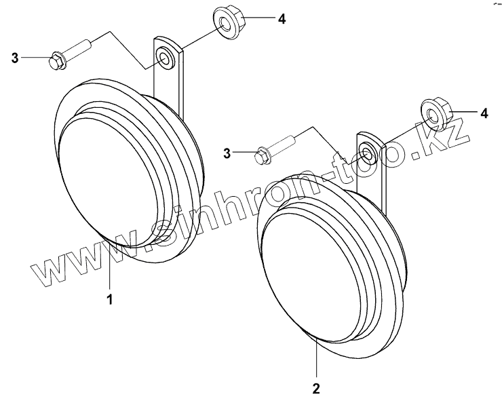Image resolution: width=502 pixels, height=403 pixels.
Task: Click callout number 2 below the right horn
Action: pyautogui.click(x=315, y=389)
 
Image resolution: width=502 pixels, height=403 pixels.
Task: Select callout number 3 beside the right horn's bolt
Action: pyautogui.click(x=228, y=153)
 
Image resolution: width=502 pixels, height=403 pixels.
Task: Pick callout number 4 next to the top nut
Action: pyautogui.click(x=281, y=20)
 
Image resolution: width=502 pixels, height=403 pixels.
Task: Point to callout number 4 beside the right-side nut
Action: pyautogui.click(x=483, y=113)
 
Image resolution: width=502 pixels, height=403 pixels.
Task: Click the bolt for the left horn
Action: pyautogui.click(x=71, y=54)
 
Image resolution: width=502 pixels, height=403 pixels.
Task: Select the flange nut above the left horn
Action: pyautogui.click(x=226, y=22)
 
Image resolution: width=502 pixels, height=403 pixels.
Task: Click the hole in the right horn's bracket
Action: pyautogui.click(x=366, y=153)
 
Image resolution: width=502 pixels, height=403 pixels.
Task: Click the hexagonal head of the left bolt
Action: pyautogui.click(x=56, y=60)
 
